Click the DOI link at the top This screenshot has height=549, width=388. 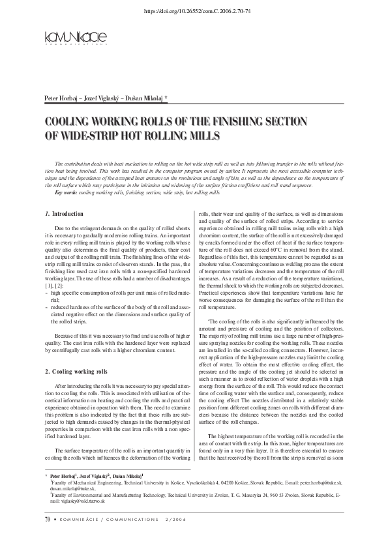(194, 10)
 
